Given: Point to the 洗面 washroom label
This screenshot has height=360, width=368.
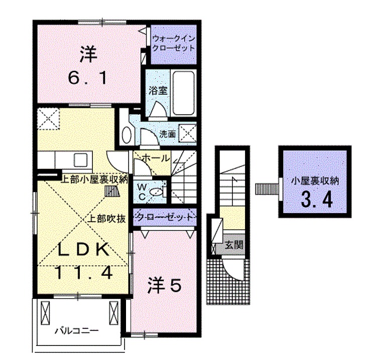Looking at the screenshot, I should [168, 134].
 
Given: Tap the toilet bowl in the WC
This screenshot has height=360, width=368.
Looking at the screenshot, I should [159, 190].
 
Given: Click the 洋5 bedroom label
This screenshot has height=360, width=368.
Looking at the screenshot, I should [164, 285].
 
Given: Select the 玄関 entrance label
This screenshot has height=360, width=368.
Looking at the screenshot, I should [234, 246].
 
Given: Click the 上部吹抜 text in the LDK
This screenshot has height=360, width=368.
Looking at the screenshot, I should [106, 219].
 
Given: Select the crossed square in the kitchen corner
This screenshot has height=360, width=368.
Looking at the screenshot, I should [48, 119].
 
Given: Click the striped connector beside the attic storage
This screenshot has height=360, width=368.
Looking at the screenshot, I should [266, 189].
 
